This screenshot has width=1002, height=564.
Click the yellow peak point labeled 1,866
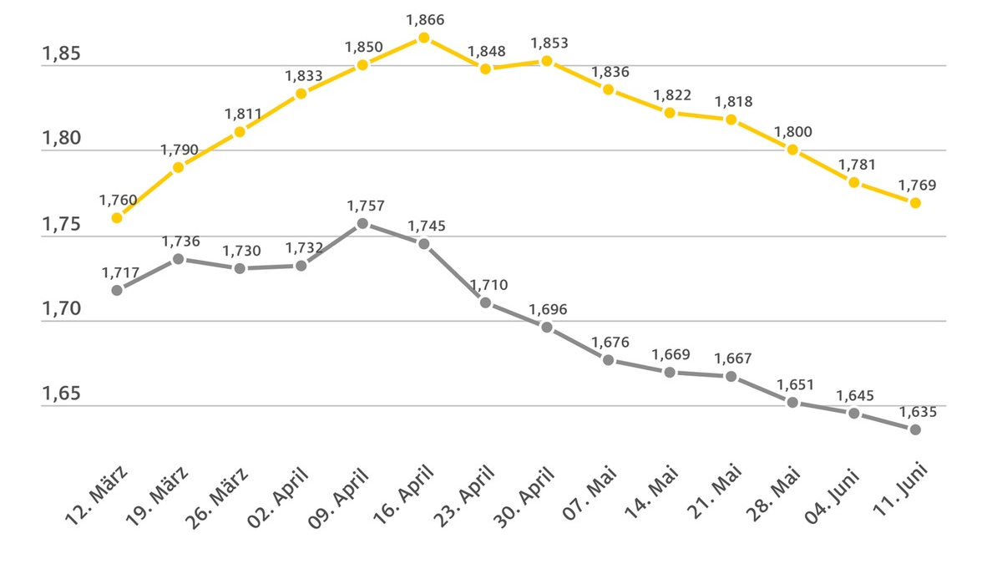pos(423,38)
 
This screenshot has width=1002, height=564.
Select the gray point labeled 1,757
pos(362,223)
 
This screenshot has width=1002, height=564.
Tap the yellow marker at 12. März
pos(117,217)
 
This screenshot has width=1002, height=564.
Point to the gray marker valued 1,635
pos(915,429)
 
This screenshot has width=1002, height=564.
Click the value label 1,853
pos(549,43)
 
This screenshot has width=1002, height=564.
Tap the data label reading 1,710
pos(488,285)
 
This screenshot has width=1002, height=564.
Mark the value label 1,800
pos(793,132)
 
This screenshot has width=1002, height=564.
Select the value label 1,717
pos(119,272)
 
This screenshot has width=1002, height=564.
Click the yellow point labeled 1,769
pos(915,203)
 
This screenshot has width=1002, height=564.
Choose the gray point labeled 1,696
pos(547,327)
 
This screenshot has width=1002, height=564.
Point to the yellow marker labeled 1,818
pos(731,119)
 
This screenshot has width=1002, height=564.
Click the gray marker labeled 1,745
pos(423,244)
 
